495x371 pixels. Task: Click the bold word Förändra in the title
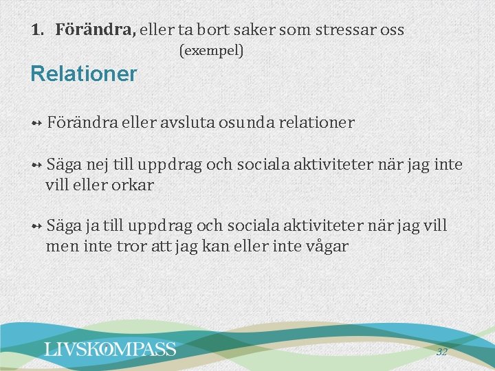(x=96, y=30)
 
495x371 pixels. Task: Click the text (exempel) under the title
(x=211, y=50)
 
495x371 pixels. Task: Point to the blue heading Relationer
(x=84, y=74)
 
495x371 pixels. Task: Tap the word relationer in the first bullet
(x=316, y=123)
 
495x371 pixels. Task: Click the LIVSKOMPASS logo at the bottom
(x=110, y=349)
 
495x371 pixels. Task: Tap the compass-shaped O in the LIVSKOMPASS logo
(x=107, y=349)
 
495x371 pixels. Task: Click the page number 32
(x=441, y=352)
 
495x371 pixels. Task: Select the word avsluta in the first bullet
(x=188, y=123)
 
